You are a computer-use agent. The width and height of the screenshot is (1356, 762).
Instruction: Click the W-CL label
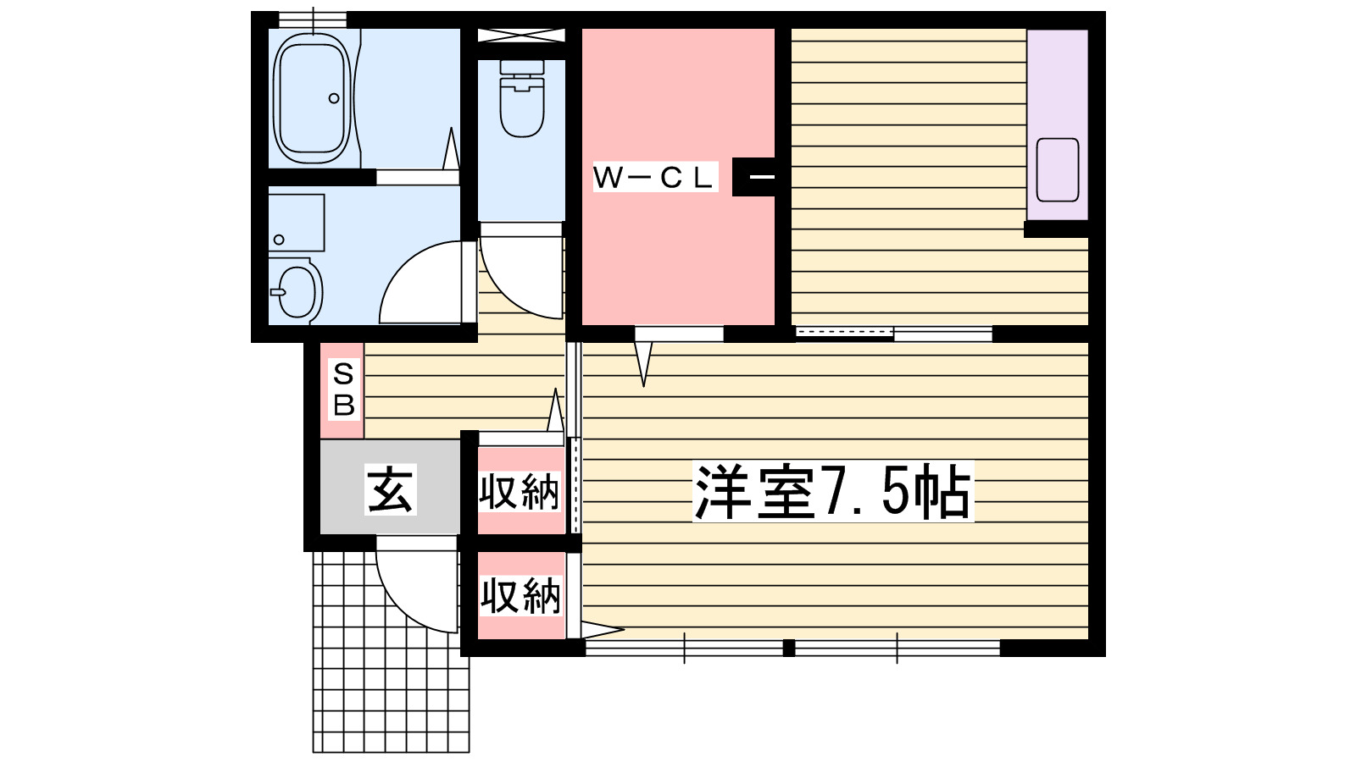pyautogui.click(x=654, y=177)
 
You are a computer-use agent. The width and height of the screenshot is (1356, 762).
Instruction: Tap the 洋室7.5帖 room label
pyautogui.click(x=832, y=492)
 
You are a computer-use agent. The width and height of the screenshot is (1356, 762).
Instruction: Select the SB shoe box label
pyautogui.click(x=343, y=389)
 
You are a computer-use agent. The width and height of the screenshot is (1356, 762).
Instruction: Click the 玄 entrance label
pyautogui.click(x=390, y=489)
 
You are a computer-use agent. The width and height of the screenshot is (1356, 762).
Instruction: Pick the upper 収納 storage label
pyautogui.click(x=520, y=492)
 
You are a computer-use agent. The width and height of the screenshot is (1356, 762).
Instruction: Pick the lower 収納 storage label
pyautogui.click(x=520, y=596)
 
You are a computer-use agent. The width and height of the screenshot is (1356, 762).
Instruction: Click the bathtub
pyautogui.click(x=312, y=98)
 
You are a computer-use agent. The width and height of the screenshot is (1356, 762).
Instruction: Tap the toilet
pyautogui.click(x=521, y=100)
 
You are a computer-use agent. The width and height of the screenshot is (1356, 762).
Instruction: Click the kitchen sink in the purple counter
pyautogui.click(x=1057, y=169)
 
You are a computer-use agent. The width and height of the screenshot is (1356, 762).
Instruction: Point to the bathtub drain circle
pyautogui.click(x=334, y=98)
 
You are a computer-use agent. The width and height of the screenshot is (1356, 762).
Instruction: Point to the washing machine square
pyautogui.click(x=296, y=222)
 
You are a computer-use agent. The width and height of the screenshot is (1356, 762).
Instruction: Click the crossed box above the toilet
pyautogui.click(x=520, y=36)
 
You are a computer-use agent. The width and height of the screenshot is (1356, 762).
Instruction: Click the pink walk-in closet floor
pyautogui.click(x=678, y=254)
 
